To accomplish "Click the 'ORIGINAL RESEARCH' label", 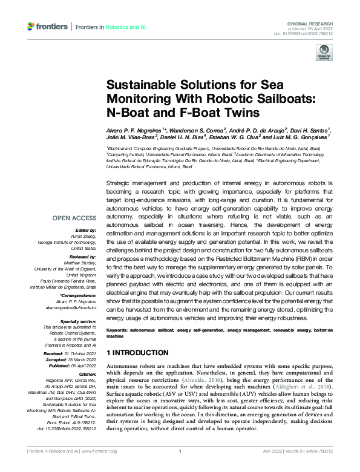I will point(316,21).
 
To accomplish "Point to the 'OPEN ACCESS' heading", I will point(74,218).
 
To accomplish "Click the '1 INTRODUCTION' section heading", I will point(137,352).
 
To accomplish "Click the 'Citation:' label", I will point(87,357).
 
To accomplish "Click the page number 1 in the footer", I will point(180,468).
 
